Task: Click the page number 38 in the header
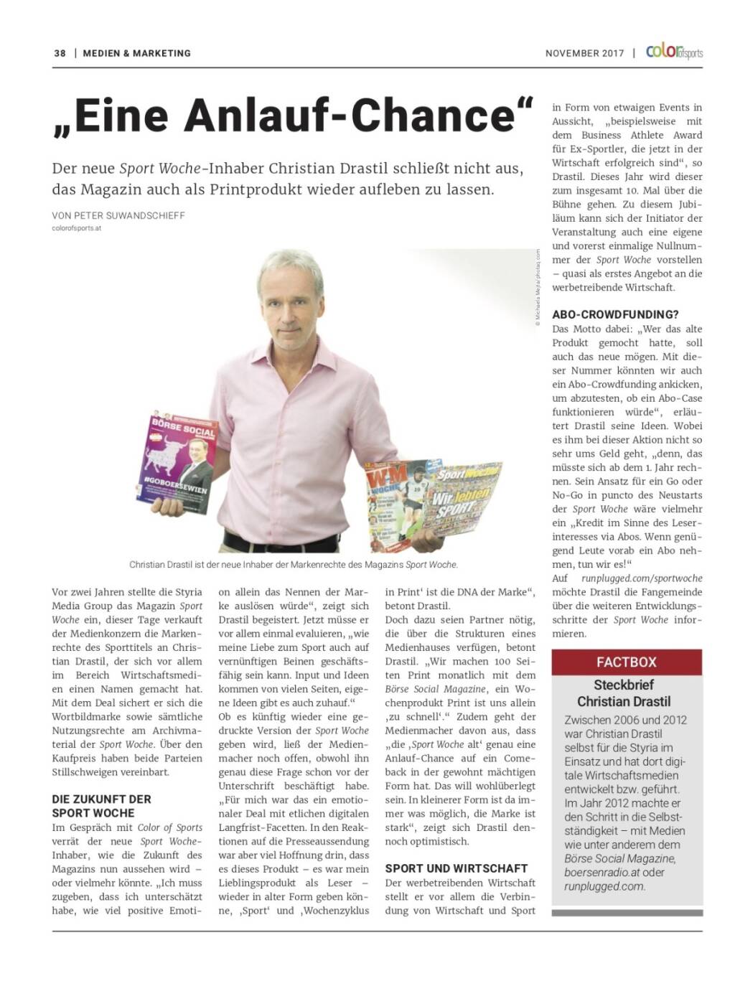60,53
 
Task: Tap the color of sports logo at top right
674,52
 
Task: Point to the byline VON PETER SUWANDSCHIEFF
118,215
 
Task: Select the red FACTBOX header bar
627,662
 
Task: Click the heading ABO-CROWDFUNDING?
615,314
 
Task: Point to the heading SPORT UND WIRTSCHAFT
456,868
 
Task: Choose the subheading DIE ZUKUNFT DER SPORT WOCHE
102,806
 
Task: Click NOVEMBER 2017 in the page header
584,53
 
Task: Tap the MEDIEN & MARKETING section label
136,53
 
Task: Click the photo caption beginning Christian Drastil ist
293,565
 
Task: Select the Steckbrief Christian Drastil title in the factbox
624,693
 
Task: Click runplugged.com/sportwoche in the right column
642,578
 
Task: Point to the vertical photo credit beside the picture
536,287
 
